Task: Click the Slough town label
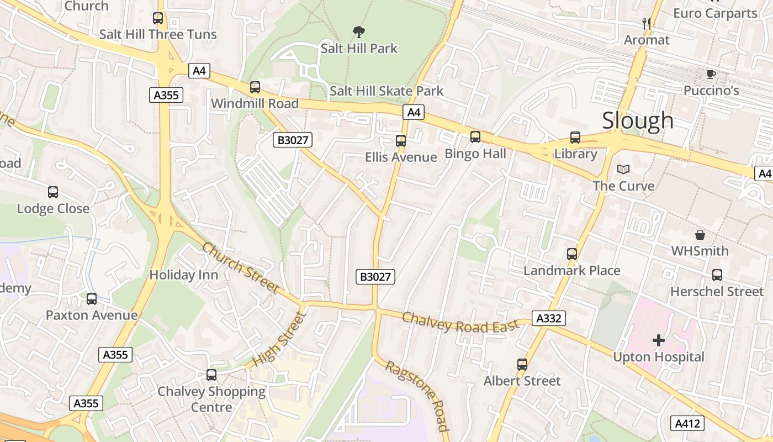click(x=638, y=120)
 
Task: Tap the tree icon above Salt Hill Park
click(x=359, y=32)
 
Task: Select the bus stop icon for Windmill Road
click(x=255, y=87)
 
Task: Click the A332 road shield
click(x=549, y=318)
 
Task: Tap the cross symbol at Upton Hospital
click(x=658, y=340)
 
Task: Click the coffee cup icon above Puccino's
click(x=711, y=74)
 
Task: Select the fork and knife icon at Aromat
click(x=647, y=23)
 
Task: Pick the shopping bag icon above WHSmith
click(x=700, y=235)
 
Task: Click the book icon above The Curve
click(x=623, y=169)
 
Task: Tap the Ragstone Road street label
click(x=416, y=396)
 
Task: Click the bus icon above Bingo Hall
click(x=475, y=137)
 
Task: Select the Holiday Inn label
click(x=184, y=275)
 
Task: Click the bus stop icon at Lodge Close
click(x=53, y=192)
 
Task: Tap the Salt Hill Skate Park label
click(x=386, y=91)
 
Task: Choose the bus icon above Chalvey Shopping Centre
click(x=211, y=375)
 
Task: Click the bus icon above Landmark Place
click(x=571, y=254)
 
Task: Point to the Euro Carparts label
click(x=715, y=13)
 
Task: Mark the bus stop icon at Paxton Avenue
click(x=92, y=299)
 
